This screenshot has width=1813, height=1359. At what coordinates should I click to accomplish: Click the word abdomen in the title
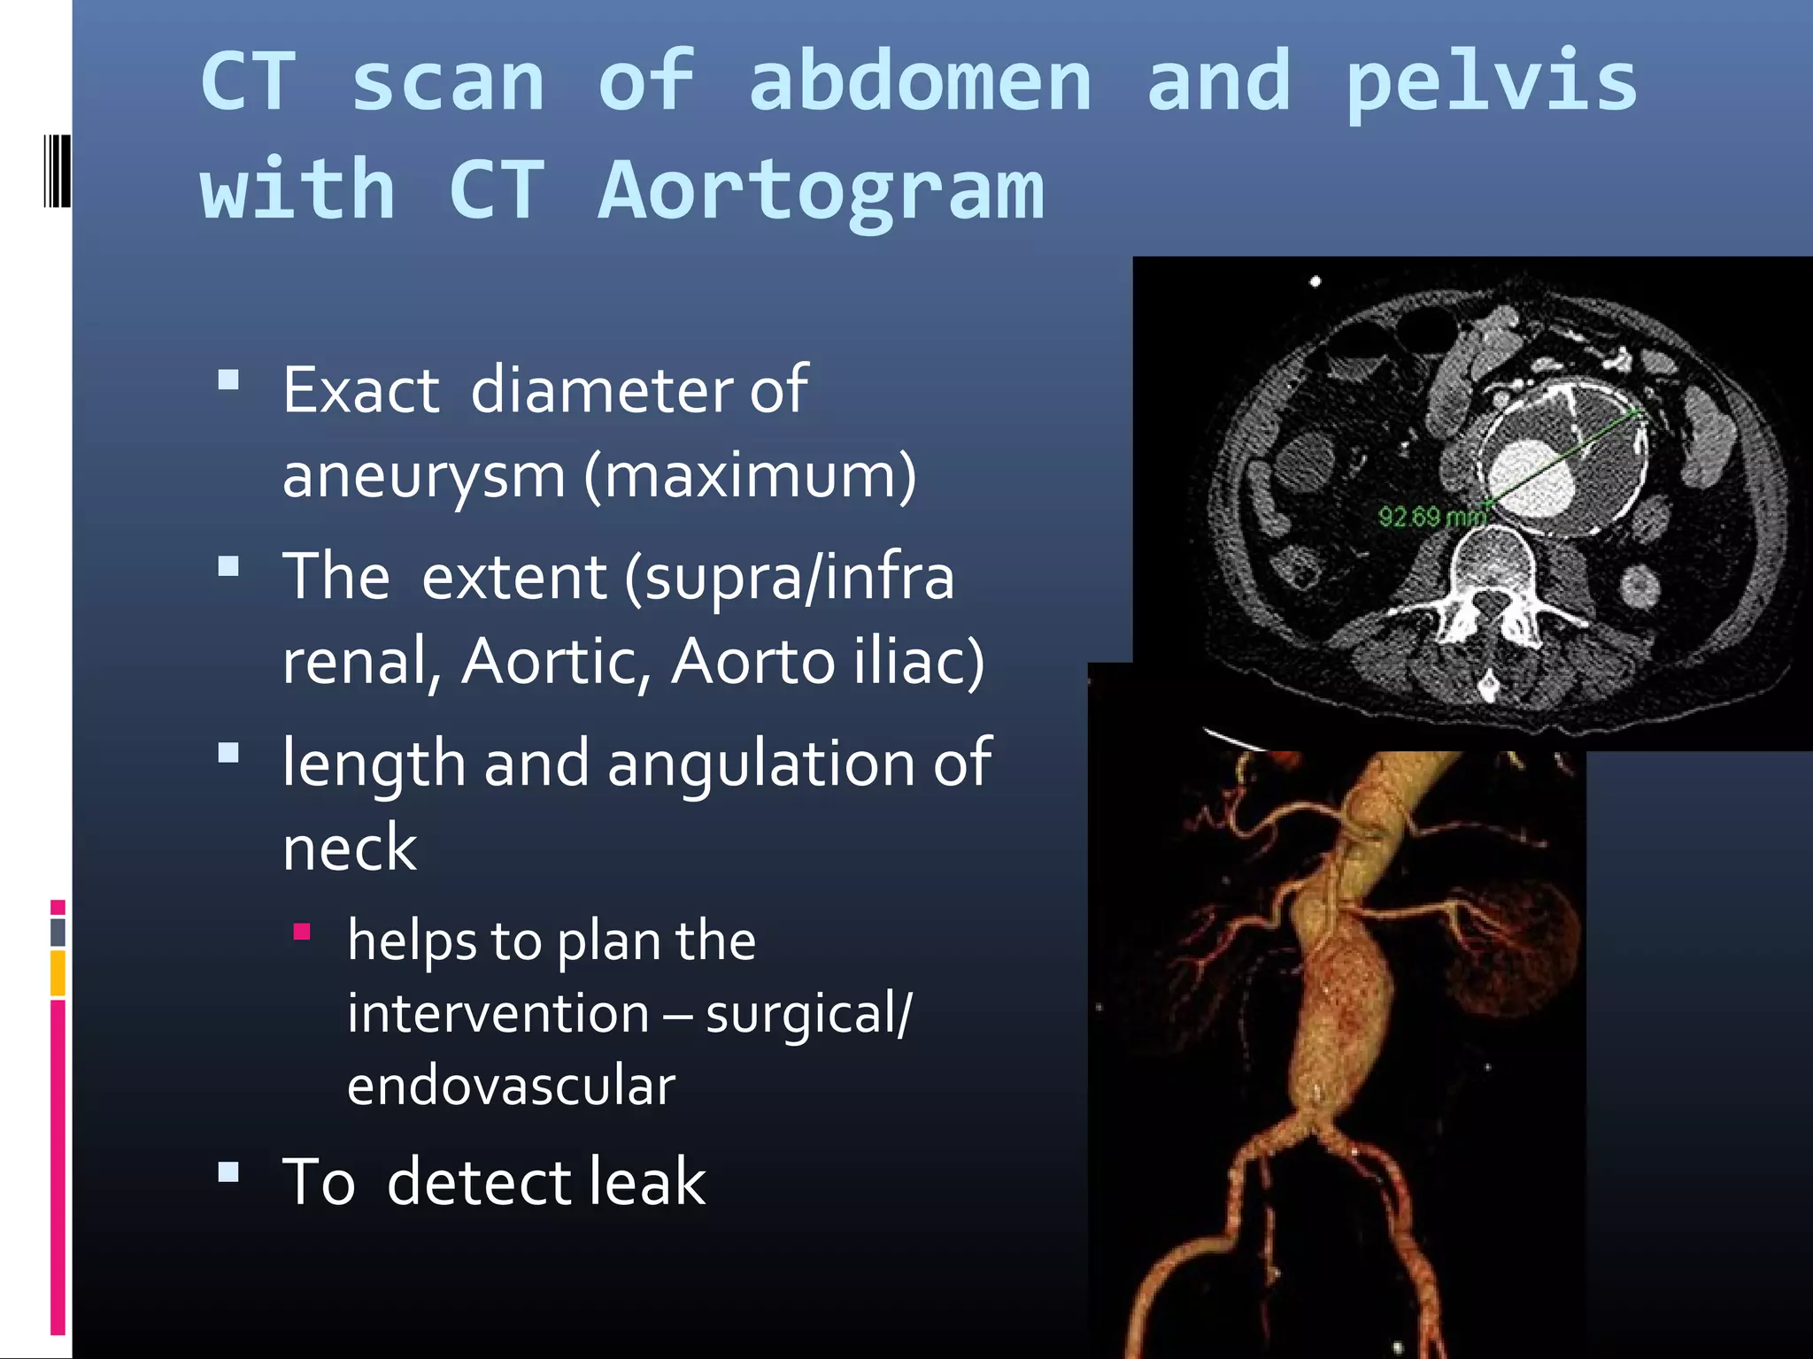point(921,82)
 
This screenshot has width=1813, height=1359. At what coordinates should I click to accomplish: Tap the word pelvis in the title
point(1491,82)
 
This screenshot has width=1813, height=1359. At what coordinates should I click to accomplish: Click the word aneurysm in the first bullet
point(423,476)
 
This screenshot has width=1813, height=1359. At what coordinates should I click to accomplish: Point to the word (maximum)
point(750,476)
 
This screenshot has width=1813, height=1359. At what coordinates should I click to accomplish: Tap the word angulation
point(761,763)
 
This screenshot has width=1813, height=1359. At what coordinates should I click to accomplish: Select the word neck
point(350,848)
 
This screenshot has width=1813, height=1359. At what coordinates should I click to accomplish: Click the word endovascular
point(512,1086)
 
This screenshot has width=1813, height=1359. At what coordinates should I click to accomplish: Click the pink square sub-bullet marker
point(302,932)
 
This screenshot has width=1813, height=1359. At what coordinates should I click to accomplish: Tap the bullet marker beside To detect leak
point(229,1172)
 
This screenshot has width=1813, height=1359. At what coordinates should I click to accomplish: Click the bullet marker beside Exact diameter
point(229,380)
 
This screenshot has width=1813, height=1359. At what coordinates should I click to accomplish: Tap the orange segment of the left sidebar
point(58,973)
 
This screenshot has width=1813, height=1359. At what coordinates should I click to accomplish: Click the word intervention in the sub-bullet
point(498,1014)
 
